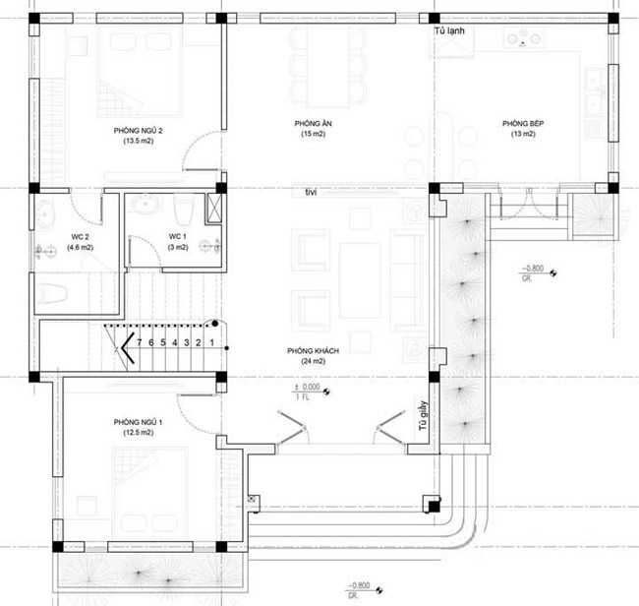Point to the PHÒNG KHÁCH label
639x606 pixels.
(x=307, y=350)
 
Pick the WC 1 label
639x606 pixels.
(x=177, y=236)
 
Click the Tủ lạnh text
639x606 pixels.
(x=449, y=31)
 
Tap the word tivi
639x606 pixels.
(x=312, y=192)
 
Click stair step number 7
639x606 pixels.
(x=140, y=342)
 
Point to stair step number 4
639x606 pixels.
(x=175, y=342)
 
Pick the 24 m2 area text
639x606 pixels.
(x=307, y=361)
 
